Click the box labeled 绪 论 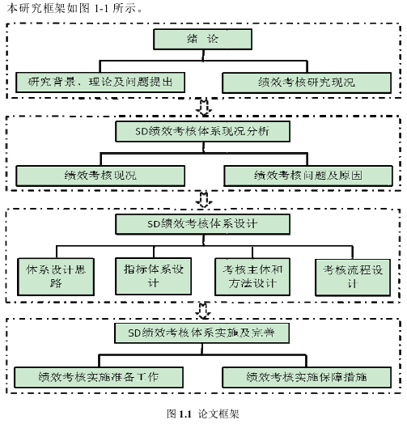click(x=202, y=39)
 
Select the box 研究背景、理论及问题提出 click(x=100, y=83)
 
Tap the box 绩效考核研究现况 click(x=307, y=83)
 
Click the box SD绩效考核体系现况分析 click(x=203, y=131)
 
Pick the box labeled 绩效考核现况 click(x=100, y=176)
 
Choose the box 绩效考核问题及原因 click(x=308, y=176)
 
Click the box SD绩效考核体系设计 click(x=203, y=224)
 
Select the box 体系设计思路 click(x=56, y=277)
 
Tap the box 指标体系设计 click(x=154, y=276)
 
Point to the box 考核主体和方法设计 click(x=252, y=277)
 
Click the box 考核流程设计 click(x=353, y=278)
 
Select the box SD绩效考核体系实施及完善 click(x=201, y=333)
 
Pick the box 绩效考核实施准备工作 click(x=99, y=377)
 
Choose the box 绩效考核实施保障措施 click(x=307, y=377)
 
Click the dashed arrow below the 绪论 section click(x=204, y=108)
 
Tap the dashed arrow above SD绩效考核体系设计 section click(x=204, y=200)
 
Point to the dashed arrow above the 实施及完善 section click(x=203, y=311)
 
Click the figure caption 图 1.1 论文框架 click(x=203, y=414)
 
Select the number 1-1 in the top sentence click(x=101, y=9)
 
